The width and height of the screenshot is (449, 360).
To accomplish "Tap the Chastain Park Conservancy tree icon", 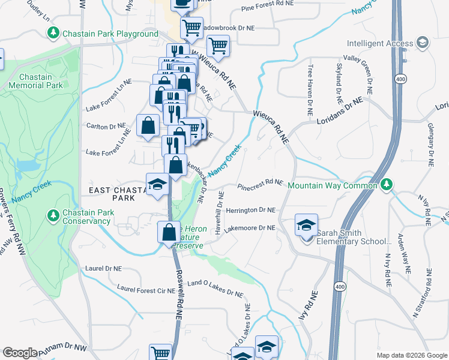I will coord(53,215).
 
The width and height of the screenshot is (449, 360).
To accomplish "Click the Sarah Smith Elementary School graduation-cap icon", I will coord(306,226).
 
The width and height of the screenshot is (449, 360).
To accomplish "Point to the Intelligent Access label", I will coord(380,43).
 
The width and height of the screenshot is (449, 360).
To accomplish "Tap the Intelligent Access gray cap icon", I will coord(422,43).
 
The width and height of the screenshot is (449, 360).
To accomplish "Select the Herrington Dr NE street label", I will coord(250,211).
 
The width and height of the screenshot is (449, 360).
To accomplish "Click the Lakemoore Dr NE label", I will coord(249,229).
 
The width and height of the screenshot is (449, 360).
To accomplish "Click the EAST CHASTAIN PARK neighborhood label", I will coord(115,194).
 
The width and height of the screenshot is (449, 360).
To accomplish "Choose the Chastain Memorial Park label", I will coord(41,82).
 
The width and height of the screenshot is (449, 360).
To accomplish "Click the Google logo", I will coord(20,353).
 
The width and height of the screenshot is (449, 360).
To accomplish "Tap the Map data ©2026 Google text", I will coord(411,355).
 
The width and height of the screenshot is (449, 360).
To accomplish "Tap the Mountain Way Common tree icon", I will coord(387,184).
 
